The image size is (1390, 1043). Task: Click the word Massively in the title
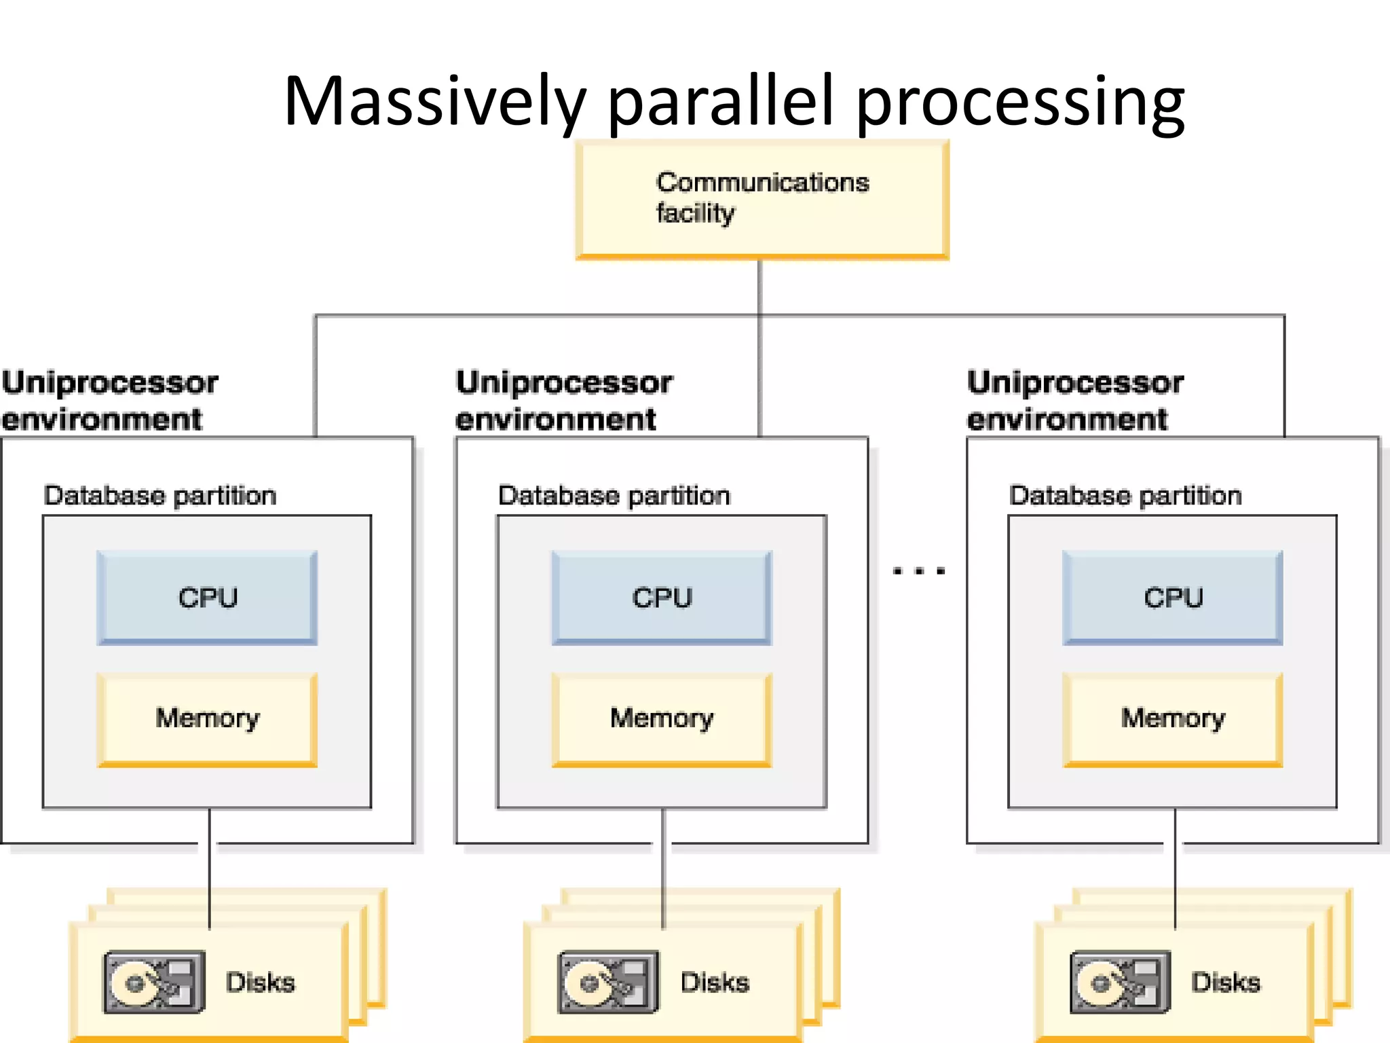(434, 102)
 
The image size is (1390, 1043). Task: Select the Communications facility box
(762, 198)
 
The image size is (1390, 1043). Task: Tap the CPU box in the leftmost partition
(208, 598)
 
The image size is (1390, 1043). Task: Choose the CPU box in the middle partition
(662, 598)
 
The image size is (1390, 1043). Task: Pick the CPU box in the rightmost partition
(1173, 598)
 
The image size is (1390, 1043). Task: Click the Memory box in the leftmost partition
(208, 718)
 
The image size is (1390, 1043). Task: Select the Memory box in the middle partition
(662, 718)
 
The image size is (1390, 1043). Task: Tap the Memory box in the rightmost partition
(1173, 718)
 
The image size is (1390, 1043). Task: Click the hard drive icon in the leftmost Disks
(154, 982)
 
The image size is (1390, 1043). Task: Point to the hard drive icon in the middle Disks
(608, 982)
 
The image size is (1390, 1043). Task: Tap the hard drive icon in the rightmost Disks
(1120, 982)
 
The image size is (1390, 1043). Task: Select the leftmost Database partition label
(160, 496)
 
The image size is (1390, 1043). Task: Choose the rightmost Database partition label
(1125, 496)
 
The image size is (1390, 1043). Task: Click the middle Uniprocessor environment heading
(563, 401)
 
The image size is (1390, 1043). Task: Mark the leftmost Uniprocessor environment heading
(109, 401)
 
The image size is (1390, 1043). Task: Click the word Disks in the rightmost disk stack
(1226, 983)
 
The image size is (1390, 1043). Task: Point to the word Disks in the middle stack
(715, 983)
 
